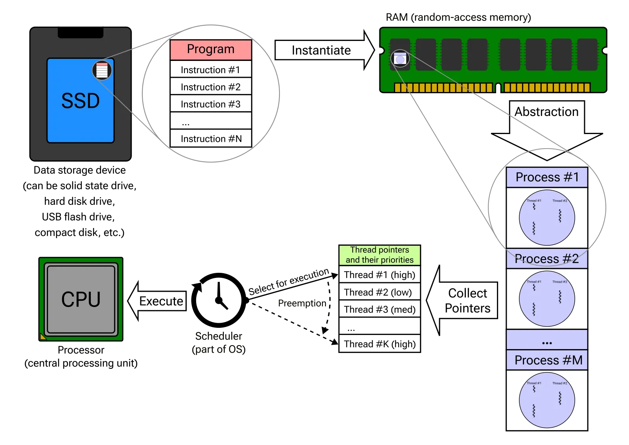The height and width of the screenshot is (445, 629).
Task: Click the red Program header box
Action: pyautogui.click(x=211, y=50)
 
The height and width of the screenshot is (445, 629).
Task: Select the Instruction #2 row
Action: pyautogui.click(x=211, y=87)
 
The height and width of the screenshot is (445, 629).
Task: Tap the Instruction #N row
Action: pyautogui.click(x=211, y=139)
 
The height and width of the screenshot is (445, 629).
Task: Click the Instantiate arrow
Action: pyautogui.click(x=322, y=50)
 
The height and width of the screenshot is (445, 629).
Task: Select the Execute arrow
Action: pyautogui.click(x=159, y=301)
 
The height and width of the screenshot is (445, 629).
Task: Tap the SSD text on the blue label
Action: pyautogui.click(x=81, y=101)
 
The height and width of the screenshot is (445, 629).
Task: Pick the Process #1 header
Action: pyautogui.click(x=547, y=177)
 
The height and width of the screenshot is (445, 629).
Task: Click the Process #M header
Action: pyautogui.click(x=547, y=360)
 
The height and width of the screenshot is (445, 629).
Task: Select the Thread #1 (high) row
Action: pyautogui.click(x=380, y=275)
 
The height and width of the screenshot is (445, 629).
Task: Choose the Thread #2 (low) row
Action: pyautogui.click(x=380, y=292)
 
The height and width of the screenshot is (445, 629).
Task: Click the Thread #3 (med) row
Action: pyautogui.click(x=380, y=309)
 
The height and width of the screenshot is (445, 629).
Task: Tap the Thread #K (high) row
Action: pyautogui.click(x=380, y=344)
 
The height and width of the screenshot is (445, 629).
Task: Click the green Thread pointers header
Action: pyautogui.click(x=380, y=255)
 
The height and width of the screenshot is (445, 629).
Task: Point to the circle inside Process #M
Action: pyautogui.click(x=547, y=400)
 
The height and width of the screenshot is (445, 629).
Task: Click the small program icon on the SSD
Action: pyautogui.click(x=102, y=70)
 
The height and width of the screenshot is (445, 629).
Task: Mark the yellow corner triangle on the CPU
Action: pyautogui.click(x=42, y=337)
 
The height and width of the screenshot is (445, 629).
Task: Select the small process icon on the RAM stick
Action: pyautogui.click(x=400, y=59)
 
